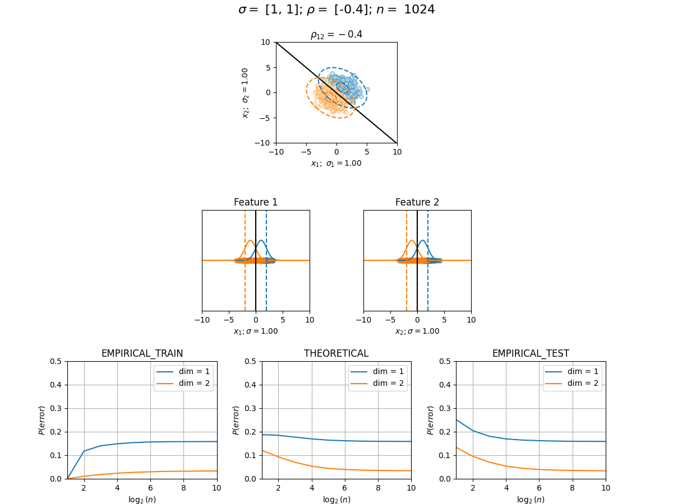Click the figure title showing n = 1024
pos(336,10)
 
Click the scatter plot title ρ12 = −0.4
pos(336,34)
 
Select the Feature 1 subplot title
pos(255,202)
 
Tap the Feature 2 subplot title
pos(417,202)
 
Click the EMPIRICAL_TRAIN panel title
pos(142,353)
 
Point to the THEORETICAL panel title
pos(336,353)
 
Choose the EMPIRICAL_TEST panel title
pos(531,353)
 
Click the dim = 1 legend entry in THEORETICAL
pos(378,371)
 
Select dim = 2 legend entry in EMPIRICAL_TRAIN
pos(183,383)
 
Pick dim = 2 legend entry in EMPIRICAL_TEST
pos(572,383)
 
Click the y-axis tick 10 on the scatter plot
pos(265,42)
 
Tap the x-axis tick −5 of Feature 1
pos(229,320)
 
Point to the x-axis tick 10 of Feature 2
pos(471,320)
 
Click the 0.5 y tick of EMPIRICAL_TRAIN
pos(56,361)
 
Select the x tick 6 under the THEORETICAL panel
pos(344,488)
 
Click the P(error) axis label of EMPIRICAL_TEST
pos(430,420)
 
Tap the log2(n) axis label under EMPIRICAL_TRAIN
pos(142,500)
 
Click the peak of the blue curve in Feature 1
pos(261,240)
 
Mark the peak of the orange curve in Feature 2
pos(412,240)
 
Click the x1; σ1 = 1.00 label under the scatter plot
pos(336,164)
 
